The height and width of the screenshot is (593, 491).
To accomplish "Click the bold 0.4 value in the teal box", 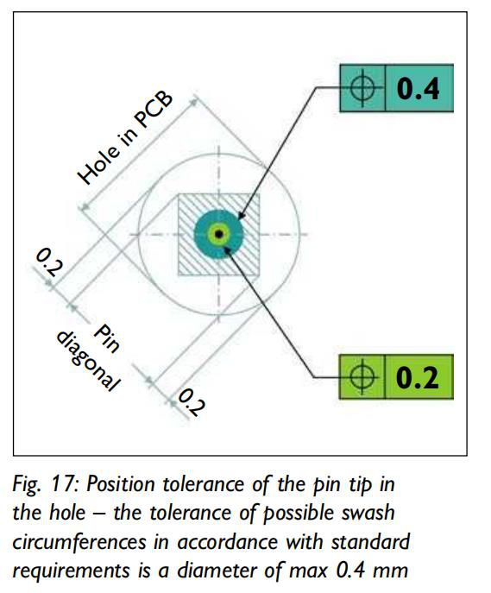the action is (x=418, y=89).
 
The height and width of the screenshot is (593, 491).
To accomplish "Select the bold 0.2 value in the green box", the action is (x=418, y=377).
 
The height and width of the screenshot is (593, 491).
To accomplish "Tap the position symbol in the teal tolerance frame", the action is (x=362, y=89).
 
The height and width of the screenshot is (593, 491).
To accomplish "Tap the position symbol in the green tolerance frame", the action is (x=362, y=377).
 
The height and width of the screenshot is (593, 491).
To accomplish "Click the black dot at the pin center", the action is (x=218, y=235).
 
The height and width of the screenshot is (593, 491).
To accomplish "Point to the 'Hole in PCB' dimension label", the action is (x=125, y=137).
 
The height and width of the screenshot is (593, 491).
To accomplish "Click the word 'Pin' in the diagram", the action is (x=107, y=338).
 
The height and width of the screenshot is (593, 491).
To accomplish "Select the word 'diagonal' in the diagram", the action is (x=88, y=361).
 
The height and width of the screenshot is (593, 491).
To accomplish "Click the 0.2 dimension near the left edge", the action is (x=48, y=262).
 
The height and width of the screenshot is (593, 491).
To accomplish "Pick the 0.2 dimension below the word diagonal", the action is (x=192, y=402).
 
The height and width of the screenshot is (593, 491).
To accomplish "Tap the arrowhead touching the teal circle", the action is (x=242, y=216).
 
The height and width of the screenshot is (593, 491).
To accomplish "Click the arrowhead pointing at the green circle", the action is (x=227, y=249).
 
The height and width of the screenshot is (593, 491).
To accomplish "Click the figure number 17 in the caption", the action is (x=64, y=484).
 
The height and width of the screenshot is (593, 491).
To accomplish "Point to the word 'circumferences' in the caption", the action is (x=79, y=542).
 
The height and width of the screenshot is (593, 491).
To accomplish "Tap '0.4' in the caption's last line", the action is (x=350, y=571).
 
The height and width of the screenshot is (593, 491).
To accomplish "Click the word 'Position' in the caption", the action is (x=121, y=484).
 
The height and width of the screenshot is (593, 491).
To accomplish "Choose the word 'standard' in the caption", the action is (x=370, y=542).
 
